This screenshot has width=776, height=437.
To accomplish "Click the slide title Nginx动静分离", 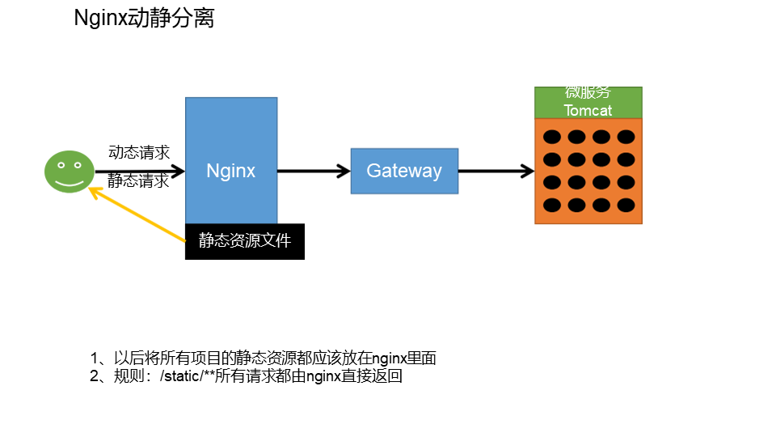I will (x=144, y=19).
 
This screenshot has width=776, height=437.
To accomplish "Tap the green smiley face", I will (x=70, y=172).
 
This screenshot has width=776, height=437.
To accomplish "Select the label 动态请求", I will (x=139, y=152).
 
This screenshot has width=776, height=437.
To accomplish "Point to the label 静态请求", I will (x=139, y=181).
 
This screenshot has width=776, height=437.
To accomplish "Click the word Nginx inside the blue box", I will (x=231, y=171).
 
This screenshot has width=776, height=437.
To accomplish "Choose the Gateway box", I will (x=404, y=171).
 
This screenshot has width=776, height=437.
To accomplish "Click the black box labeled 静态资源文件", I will (x=245, y=241).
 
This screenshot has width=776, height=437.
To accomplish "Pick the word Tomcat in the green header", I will (x=588, y=110).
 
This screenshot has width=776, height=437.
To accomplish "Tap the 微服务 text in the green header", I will (x=588, y=93).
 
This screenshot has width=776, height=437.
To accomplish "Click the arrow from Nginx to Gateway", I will (x=314, y=172).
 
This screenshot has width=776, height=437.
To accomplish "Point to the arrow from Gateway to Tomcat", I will (x=496, y=172).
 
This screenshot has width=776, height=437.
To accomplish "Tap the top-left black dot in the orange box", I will (x=552, y=137).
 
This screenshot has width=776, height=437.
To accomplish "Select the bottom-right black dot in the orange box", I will (x=626, y=205).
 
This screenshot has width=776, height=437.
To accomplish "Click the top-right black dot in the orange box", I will (x=626, y=137).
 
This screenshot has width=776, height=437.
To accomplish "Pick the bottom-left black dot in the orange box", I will (x=552, y=205).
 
